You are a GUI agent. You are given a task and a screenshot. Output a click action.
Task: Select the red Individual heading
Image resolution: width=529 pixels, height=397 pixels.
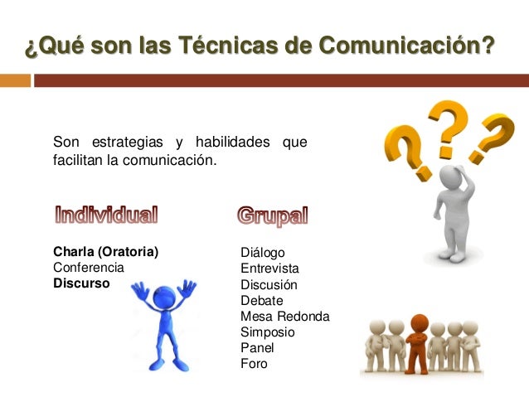click(105, 215)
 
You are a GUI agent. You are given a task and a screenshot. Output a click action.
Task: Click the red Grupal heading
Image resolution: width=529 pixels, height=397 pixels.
click(272, 216)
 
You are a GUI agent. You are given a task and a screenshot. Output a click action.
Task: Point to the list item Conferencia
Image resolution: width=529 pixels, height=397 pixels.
click(89, 268)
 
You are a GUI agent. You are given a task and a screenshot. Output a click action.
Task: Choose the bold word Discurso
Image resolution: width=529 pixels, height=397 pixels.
click(81, 283)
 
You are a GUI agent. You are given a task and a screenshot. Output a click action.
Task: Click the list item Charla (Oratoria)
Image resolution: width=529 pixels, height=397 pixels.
click(105, 252)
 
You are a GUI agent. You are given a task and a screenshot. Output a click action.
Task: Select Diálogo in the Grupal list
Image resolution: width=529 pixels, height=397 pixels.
click(262, 253)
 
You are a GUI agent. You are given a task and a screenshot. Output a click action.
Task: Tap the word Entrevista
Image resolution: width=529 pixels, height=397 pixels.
click(269, 269)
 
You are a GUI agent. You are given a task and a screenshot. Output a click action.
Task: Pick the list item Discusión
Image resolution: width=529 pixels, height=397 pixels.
click(269, 284)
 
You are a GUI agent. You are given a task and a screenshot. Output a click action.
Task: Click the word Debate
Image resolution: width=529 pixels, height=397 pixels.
click(261, 300)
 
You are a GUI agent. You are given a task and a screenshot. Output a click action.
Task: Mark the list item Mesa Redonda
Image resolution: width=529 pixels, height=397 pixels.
click(284, 316)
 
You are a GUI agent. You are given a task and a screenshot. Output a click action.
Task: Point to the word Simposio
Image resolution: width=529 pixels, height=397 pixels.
click(267, 332)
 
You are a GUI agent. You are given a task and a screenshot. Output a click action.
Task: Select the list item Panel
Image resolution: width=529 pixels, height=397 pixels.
click(256, 347)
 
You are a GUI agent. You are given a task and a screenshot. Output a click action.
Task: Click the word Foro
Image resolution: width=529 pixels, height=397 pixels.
click(254, 363)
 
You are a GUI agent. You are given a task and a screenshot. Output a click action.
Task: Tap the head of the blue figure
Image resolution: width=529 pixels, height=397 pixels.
click(165, 297)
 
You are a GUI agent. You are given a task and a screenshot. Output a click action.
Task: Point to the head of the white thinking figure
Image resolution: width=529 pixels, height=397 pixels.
click(450, 177)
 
